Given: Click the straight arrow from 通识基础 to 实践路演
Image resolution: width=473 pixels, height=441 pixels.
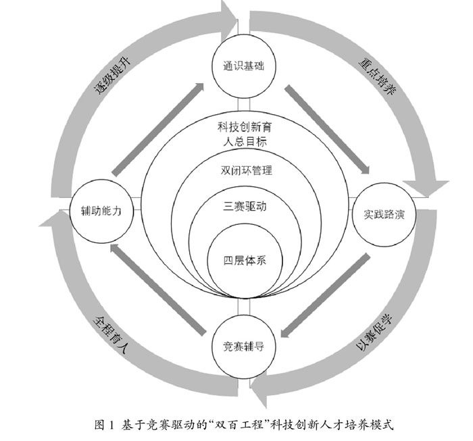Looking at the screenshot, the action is [x=327, y=129].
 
